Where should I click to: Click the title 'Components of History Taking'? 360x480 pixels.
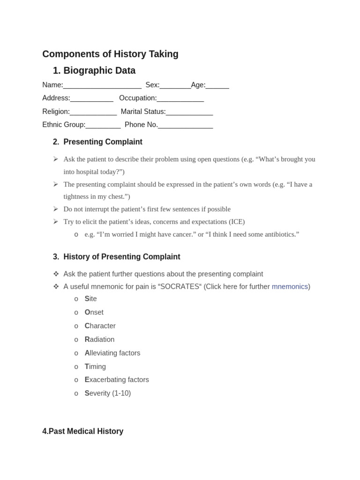pyautogui.click(x=110, y=54)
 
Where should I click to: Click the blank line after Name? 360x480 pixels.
pyautogui.click(x=102, y=86)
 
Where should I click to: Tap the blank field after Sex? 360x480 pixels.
pyautogui.click(x=175, y=86)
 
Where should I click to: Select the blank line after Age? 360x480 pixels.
pyautogui.click(x=217, y=86)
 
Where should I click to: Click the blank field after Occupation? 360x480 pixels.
pyautogui.click(x=180, y=99)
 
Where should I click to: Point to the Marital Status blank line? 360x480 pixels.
pyautogui.click(x=189, y=112)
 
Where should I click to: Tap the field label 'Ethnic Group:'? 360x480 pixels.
pyautogui.click(x=64, y=125)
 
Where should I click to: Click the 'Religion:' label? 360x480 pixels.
pyautogui.click(x=56, y=112)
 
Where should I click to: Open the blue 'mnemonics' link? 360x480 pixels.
pyautogui.click(x=290, y=286)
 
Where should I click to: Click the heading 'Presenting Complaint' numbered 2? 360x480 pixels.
pyautogui.click(x=103, y=142)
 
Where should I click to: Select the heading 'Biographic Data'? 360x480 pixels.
pyautogui.click(x=99, y=71)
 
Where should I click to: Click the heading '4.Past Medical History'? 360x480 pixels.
pyautogui.click(x=83, y=431)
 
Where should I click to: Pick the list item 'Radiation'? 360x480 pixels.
pyautogui.click(x=99, y=339)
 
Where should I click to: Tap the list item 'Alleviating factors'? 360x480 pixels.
pyautogui.click(x=112, y=353)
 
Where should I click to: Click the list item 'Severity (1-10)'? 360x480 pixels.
pyautogui.click(x=108, y=393)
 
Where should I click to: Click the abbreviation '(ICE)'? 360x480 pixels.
pyautogui.click(x=237, y=222)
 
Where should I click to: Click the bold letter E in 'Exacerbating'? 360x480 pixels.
pyautogui.click(x=87, y=380)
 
